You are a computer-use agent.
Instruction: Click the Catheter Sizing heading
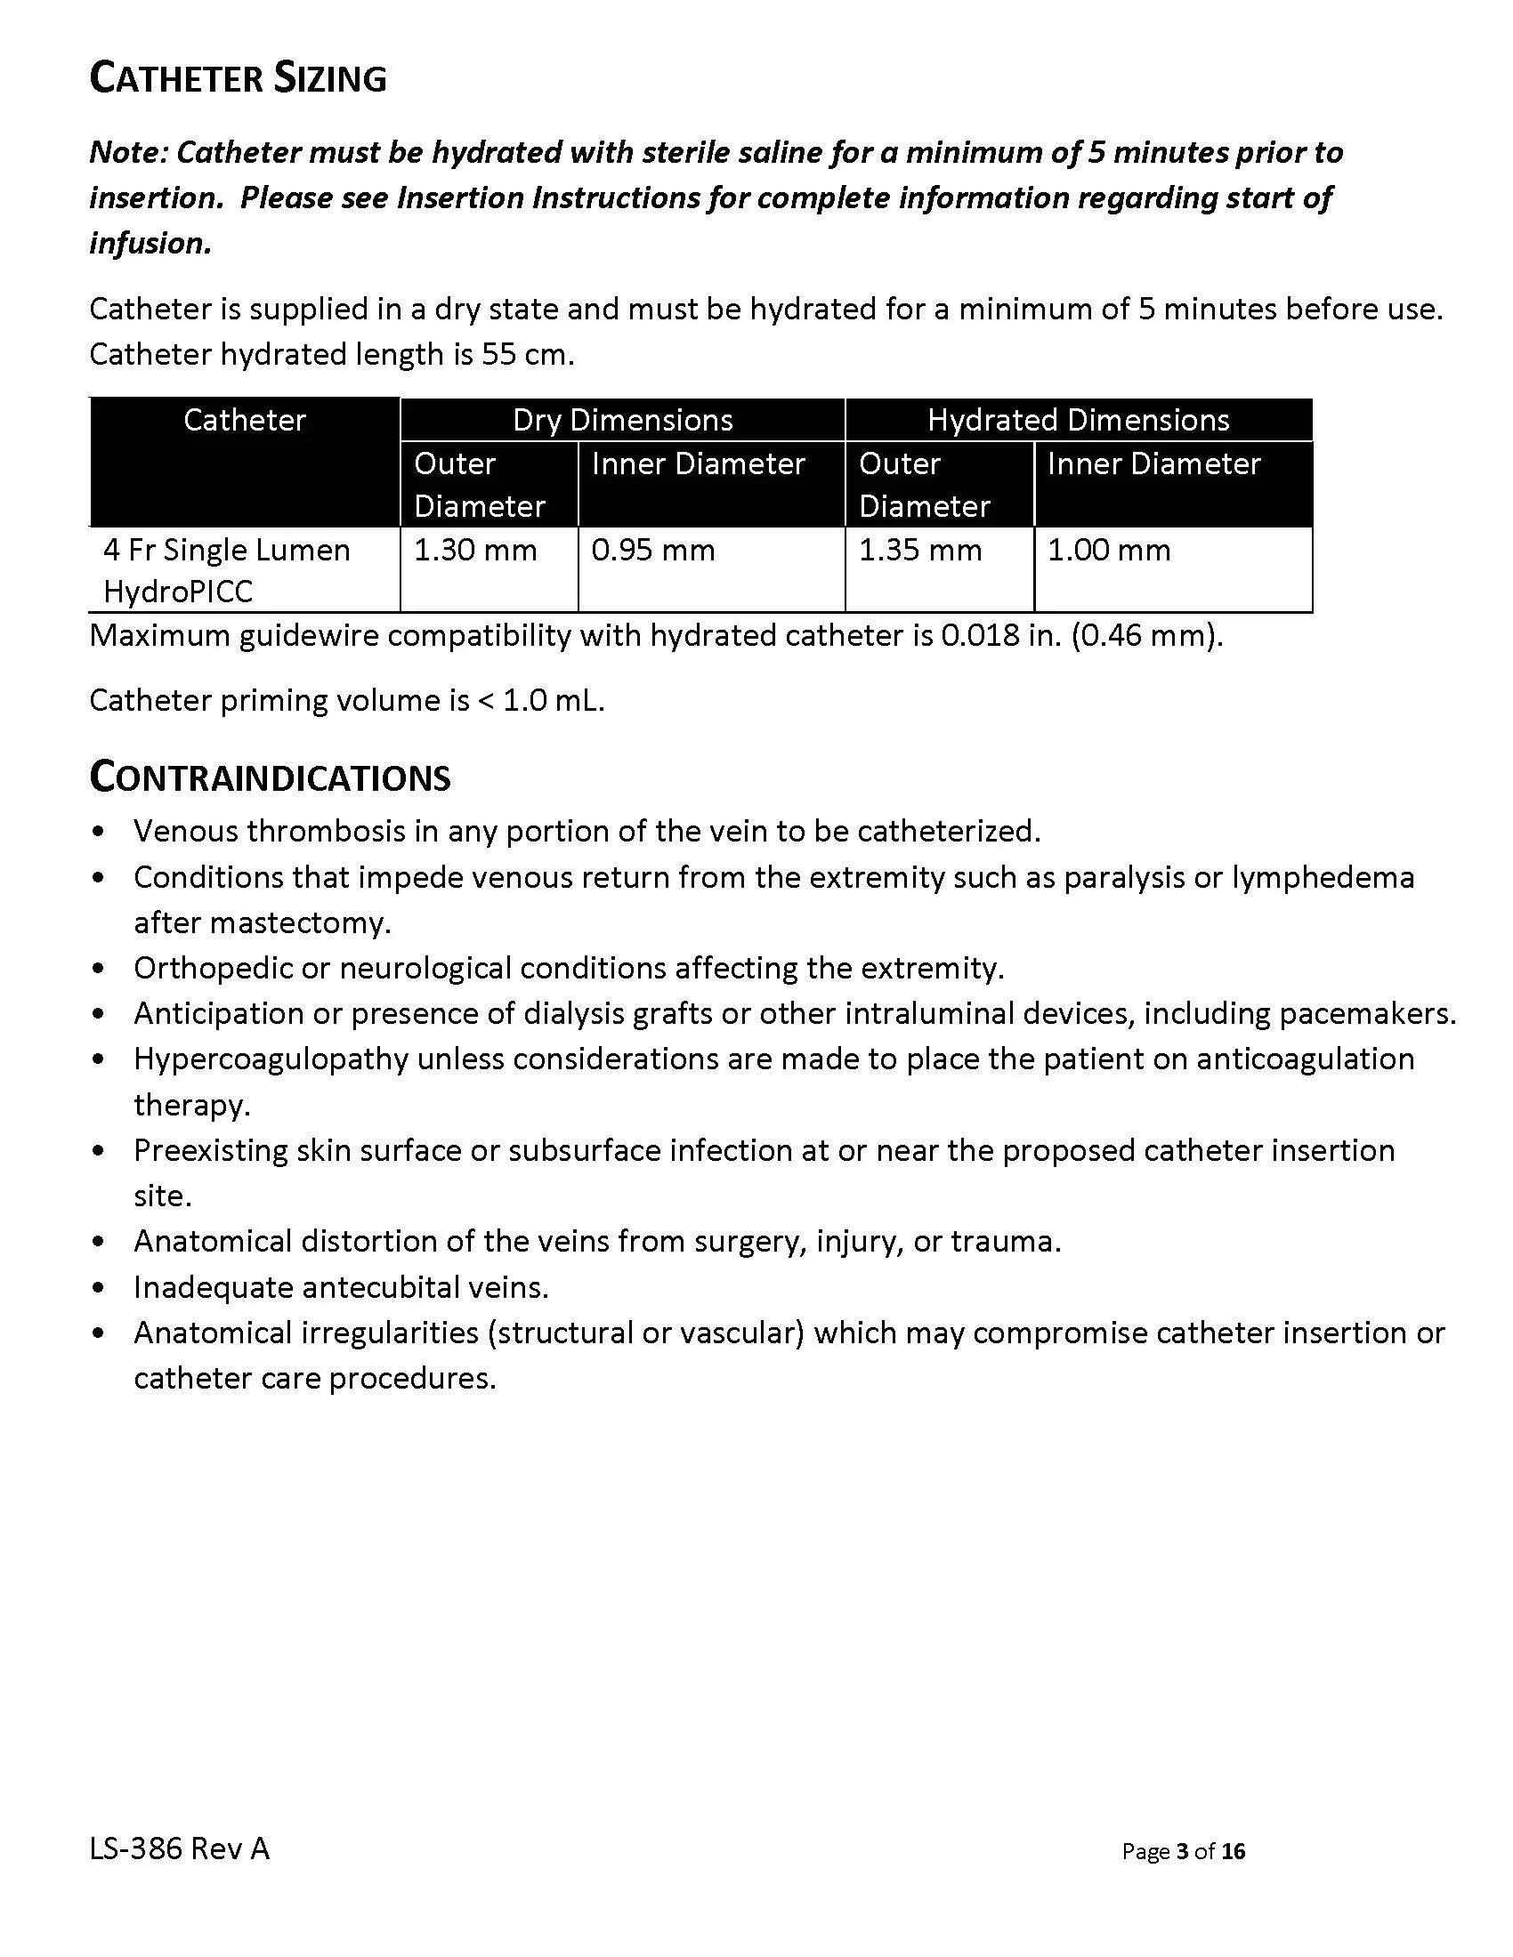click(x=238, y=79)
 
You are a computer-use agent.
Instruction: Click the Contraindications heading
click(x=270, y=777)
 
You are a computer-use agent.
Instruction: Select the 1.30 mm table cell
click(x=475, y=550)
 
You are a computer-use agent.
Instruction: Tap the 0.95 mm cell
click(x=652, y=550)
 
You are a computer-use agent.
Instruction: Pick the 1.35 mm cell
click(x=919, y=550)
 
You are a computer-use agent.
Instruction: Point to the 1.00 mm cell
click(x=1109, y=550)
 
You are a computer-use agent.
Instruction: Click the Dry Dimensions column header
click(x=622, y=420)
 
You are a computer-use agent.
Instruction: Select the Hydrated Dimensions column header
click(x=1079, y=420)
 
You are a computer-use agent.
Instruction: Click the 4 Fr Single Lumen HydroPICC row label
click(x=226, y=570)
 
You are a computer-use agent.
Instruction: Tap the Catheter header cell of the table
click(x=245, y=420)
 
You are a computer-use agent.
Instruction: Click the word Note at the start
click(x=127, y=153)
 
